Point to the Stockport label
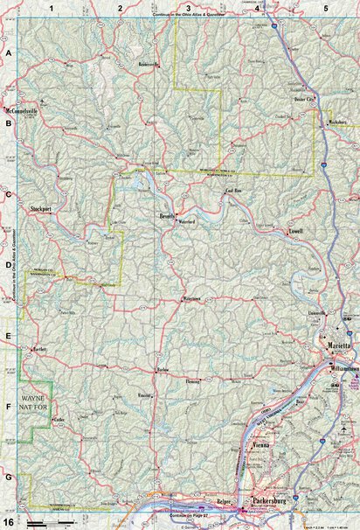[x=42, y=210]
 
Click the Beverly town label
[x=168, y=215]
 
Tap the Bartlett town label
[x=37, y=350]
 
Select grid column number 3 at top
[x=188, y=7]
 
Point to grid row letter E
[x=8, y=337]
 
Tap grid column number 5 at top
[x=325, y=7]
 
